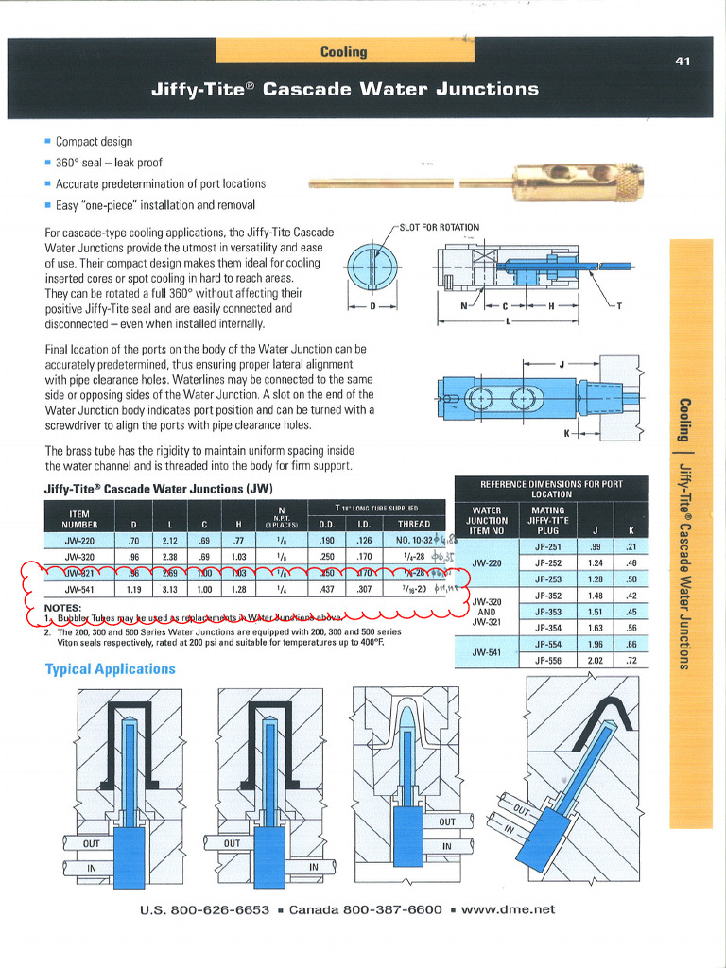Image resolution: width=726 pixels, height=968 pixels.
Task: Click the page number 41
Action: point(683,61)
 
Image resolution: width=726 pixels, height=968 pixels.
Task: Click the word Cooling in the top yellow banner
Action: point(343,51)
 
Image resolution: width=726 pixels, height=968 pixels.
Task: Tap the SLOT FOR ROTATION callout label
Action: point(440,227)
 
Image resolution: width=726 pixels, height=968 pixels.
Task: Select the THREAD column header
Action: point(413,524)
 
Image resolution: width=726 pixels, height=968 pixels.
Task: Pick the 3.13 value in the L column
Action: point(170,588)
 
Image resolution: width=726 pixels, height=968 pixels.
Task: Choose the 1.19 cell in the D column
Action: point(132,588)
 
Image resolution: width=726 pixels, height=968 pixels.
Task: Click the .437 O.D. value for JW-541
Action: point(326,588)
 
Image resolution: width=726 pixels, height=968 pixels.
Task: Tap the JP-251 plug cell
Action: point(548,547)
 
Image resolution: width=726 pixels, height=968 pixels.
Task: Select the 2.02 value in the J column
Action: point(596,660)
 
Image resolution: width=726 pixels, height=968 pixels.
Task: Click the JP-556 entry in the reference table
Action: point(548,660)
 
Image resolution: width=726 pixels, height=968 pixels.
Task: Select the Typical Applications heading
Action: point(111,669)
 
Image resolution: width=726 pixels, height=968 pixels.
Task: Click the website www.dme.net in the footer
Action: point(509,909)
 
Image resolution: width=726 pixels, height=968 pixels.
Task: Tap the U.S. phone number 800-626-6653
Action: point(218,909)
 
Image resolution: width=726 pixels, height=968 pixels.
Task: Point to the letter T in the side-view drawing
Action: point(619,305)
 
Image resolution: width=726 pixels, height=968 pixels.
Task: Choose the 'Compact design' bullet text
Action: point(95,142)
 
